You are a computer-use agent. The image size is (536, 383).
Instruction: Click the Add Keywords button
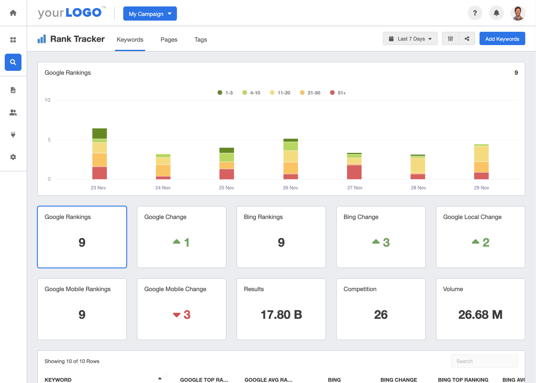click(x=502, y=39)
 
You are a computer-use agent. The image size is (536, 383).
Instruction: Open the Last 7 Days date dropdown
click(x=410, y=39)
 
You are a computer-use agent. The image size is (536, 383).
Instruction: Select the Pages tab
click(x=169, y=40)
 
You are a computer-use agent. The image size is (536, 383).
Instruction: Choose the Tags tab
click(x=201, y=40)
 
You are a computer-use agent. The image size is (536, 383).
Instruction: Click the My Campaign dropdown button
click(x=150, y=14)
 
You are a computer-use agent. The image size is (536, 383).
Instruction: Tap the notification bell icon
click(x=496, y=13)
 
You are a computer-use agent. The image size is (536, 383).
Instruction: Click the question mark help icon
click(x=475, y=13)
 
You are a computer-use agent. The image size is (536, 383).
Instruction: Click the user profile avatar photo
click(x=518, y=13)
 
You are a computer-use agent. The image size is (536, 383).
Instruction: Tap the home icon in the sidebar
click(x=13, y=13)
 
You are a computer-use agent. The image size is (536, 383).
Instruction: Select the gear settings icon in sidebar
click(x=13, y=157)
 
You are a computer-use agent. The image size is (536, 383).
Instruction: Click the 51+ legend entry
click(x=338, y=93)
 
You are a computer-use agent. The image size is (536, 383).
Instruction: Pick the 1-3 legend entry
click(x=225, y=93)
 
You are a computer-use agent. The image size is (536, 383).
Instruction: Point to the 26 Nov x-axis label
click(x=290, y=188)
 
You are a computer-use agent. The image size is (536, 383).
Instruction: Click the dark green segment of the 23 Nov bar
click(x=99, y=134)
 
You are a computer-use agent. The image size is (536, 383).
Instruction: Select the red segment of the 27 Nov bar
click(x=354, y=172)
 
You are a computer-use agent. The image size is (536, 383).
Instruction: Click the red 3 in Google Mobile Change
click(x=187, y=315)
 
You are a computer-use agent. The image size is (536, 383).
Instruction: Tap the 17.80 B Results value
click(x=281, y=315)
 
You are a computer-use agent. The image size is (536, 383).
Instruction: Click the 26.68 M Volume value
click(x=480, y=315)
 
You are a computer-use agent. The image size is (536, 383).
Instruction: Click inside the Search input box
click(x=484, y=361)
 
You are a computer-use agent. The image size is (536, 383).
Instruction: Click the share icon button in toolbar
click(x=467, y=39)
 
